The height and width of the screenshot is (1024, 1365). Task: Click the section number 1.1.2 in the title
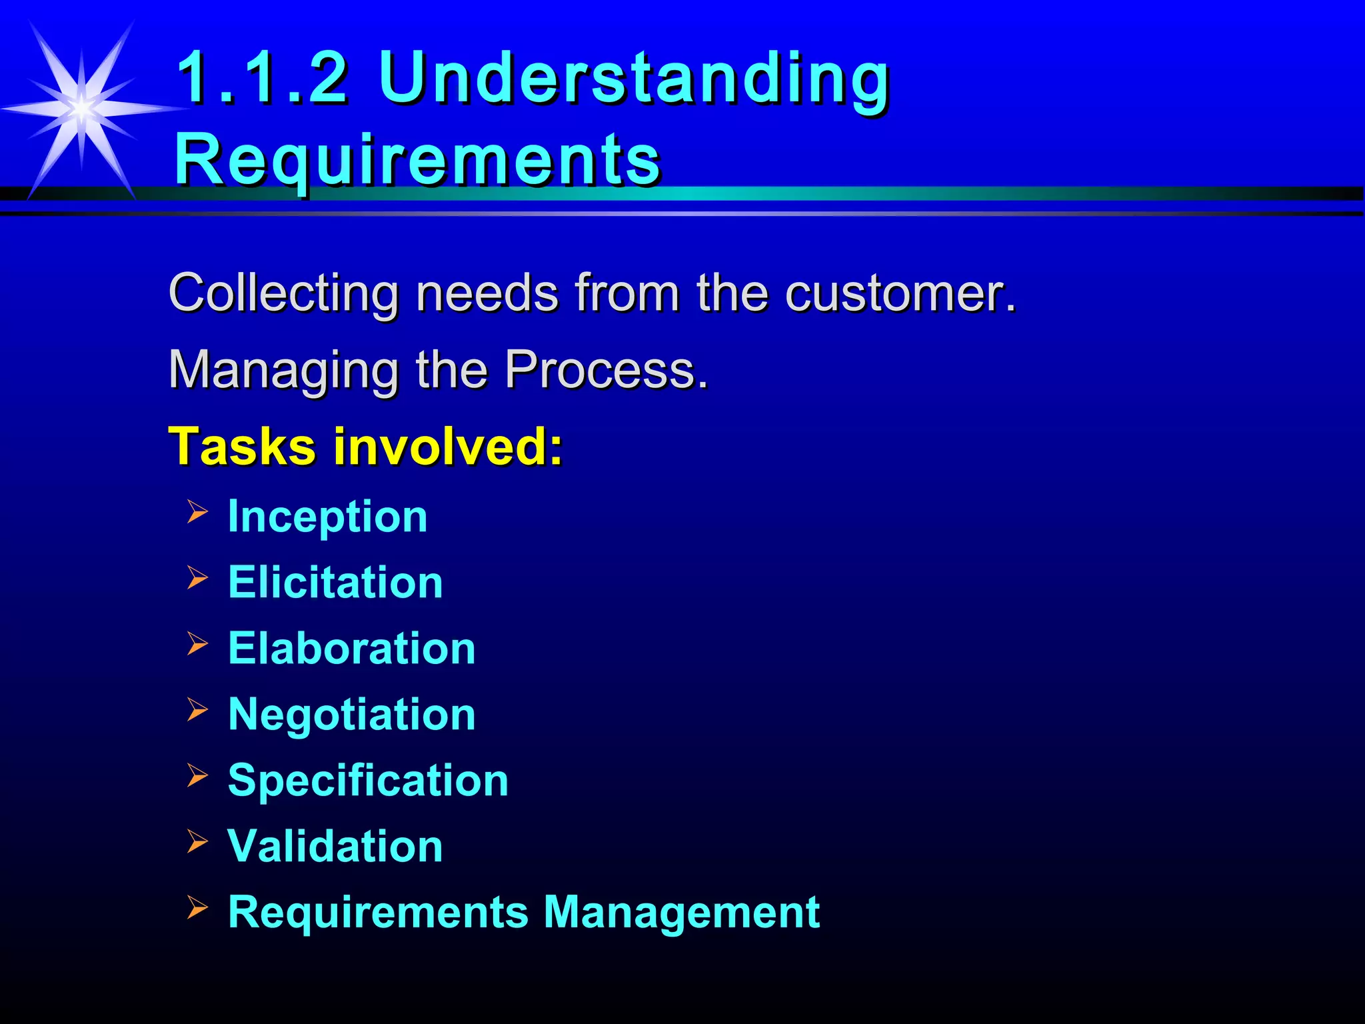262,78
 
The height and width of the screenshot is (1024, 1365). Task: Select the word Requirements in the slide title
417,160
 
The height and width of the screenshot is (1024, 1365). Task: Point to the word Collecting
284,293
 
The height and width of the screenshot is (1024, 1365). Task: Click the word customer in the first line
900,293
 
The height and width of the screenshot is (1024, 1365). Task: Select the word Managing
284,370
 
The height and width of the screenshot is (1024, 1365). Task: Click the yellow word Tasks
242,446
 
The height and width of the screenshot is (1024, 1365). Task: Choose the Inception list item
327,517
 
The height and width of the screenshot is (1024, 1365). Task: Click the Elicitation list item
335,582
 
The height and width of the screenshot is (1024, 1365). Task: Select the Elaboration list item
352,648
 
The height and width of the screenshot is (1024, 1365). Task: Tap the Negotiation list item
352,714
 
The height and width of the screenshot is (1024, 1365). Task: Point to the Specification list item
368,780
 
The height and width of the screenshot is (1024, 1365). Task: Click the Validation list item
335,846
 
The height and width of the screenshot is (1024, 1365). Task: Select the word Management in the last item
681,912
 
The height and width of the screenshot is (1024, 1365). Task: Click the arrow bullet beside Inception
197,512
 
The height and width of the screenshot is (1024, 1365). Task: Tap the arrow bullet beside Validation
197,841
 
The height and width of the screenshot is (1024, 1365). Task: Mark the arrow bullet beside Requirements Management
197,907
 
